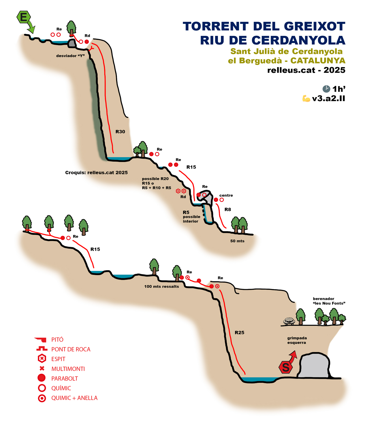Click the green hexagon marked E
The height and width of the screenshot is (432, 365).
click(24, 17)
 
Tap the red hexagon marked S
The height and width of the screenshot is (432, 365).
click(286, 367)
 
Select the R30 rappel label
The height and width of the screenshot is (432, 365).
click(120, 132)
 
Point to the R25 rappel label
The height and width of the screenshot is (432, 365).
click(239, 333)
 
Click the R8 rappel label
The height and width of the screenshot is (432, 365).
click(228, 209)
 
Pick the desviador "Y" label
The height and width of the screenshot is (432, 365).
click(70, 56)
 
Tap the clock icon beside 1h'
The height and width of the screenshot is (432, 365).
click(326, 89)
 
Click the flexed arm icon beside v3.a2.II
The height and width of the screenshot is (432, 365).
click(306, 98)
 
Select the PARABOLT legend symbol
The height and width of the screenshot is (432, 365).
click(42, 378)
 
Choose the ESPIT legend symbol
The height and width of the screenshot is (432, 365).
click(42, 359)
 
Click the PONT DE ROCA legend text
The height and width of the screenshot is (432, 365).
click(71, 349)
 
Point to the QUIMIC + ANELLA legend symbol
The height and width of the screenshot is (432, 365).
click(42, 398)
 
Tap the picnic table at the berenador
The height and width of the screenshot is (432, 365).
click(289, 321)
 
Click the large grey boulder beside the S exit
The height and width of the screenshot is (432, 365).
click(314, 366)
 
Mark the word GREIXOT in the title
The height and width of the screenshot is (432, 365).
click(315, 26)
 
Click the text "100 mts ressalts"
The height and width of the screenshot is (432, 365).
click(161, 287)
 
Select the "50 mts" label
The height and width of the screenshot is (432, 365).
click(237, 241)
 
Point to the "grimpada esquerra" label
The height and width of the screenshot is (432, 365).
click(297, 340)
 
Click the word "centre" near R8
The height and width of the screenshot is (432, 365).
click(226, 195)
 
